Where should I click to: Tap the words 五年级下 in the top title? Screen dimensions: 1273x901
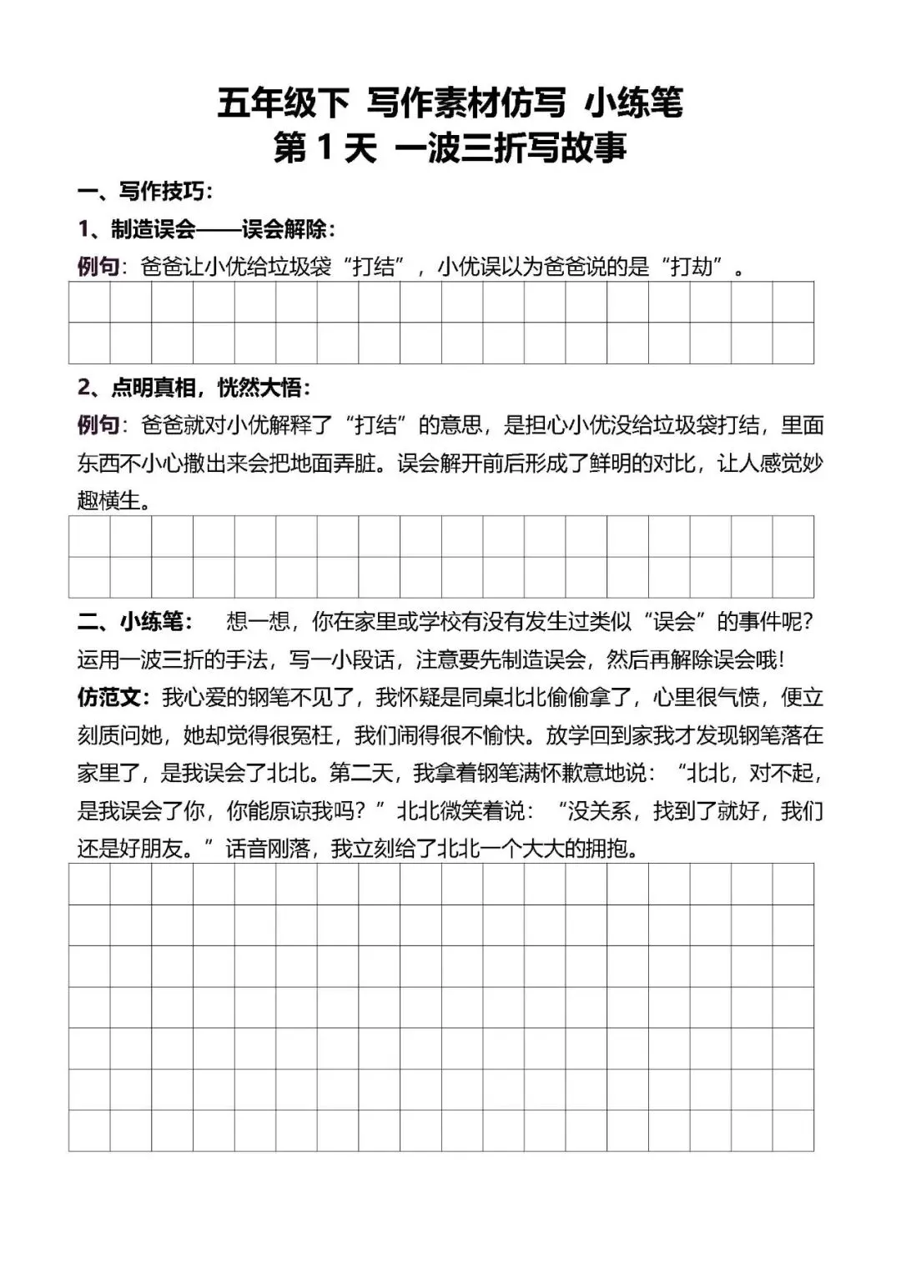click(x=283, y=103)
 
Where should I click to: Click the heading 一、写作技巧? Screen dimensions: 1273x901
click(x=146, y=192)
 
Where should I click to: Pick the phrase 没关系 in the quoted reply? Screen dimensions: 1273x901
click(x=600, y=811)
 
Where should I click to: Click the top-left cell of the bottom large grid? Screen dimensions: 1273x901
click(x=89, y=884)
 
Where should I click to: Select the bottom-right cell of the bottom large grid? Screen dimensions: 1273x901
click(x=793, y=1130)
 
